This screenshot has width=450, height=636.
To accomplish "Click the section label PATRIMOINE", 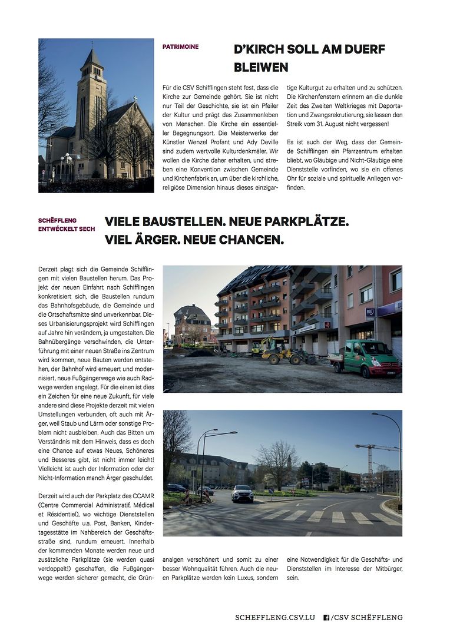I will coord(180,47).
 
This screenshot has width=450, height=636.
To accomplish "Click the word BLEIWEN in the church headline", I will coord(261,67).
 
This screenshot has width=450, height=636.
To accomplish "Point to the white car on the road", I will coord(242,493).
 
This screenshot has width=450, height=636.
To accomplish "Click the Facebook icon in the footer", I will coord(326,617).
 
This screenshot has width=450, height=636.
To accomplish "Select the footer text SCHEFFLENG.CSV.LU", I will coord(275,617).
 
